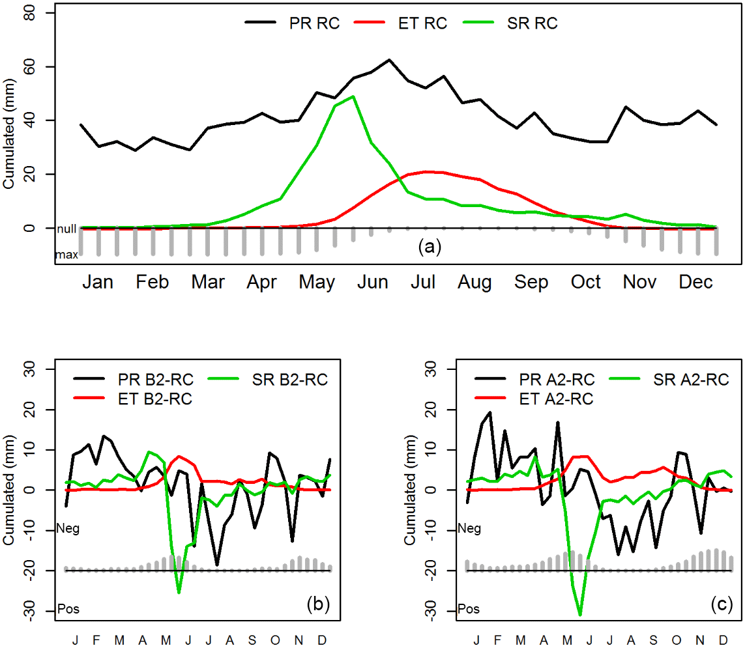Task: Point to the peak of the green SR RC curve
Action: (x=353, y=96)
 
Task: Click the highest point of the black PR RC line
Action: (x=389, y=60)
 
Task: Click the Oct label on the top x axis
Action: (x=586, y=282)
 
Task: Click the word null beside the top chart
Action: (x=66, y=229)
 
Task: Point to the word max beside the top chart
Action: (x=66, y=255)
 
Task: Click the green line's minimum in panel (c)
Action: (x=580, y=614)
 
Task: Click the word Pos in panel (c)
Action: (x=469, y=610)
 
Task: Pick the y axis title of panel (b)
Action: (x=10, y=490)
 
